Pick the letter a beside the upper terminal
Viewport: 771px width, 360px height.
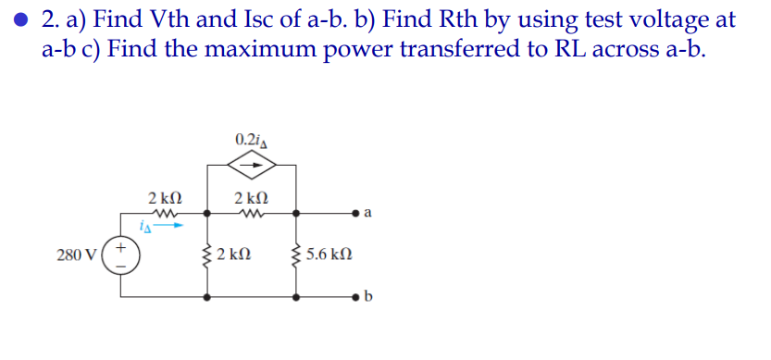[368, 214]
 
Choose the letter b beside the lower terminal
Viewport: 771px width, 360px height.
[368, 298]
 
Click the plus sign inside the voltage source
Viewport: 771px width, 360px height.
[122, 245]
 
